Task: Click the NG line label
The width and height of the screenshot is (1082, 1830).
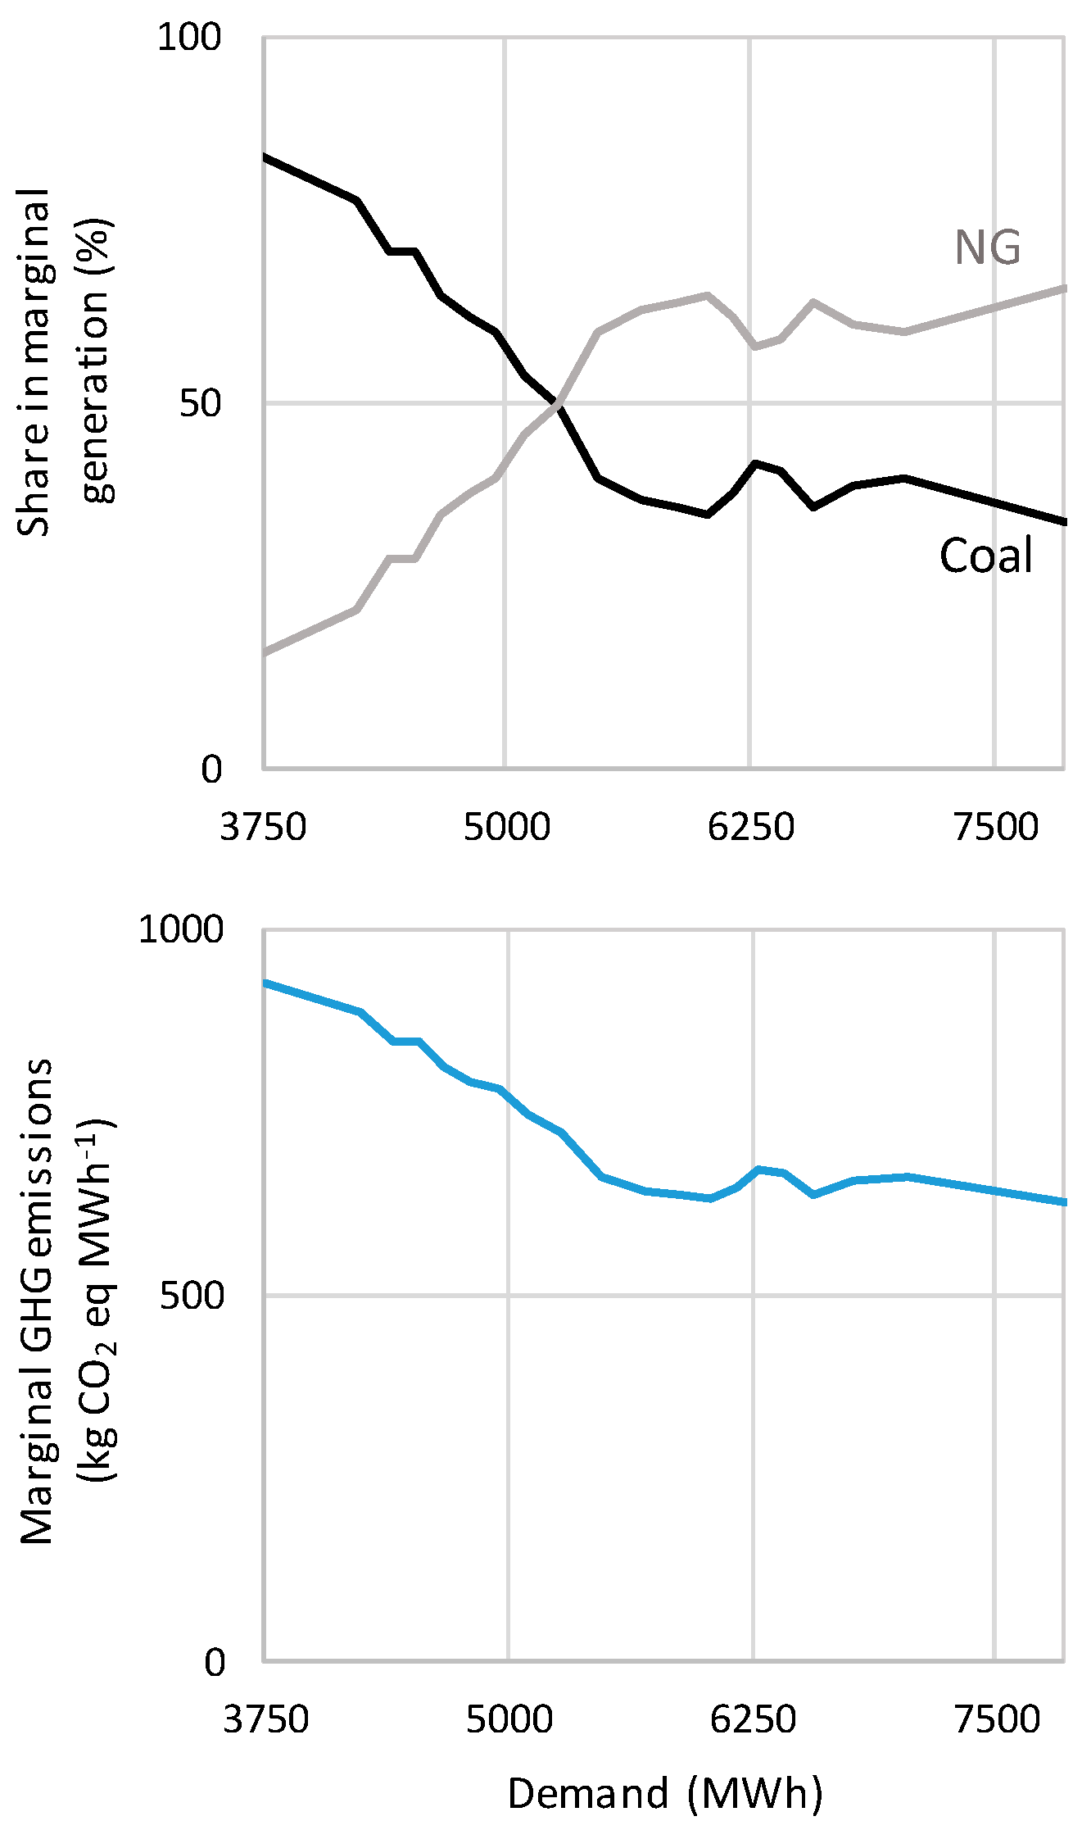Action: click(x=988, y=247)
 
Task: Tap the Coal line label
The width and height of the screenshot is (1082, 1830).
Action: click(x=985, y=555)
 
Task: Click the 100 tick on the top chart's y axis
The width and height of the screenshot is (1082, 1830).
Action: click(x=188, y=38)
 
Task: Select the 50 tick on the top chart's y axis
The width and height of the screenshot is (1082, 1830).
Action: click(x=200, y=403)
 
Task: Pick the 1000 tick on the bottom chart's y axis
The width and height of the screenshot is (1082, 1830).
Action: click(x=180, y=929)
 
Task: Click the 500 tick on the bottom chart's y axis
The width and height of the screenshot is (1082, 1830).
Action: click(x=191, y=1296)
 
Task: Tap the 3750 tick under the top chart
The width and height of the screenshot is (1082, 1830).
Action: click(x=263, y=826)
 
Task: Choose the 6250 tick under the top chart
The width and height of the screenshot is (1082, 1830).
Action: click(x=750, y=826)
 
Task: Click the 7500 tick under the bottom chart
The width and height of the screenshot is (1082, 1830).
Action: click(x=997, y=1719)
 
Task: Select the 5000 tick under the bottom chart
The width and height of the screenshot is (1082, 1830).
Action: click(x=509, y=1719)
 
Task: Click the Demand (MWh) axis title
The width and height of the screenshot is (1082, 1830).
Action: click(x=664, y=1794)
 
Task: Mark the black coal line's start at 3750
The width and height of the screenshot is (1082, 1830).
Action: click(x=265, y=157)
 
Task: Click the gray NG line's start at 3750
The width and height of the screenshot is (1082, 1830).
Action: click(x=265, y=652)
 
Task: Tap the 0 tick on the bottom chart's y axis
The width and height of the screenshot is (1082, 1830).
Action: click(x=214, y=1662)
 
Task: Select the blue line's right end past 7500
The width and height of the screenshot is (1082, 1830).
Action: click(x=1063, y=1201)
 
